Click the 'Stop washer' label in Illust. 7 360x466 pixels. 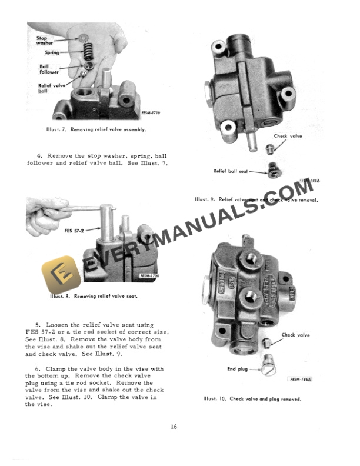tap(44, 40)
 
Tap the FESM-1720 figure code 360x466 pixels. tap(149, 275)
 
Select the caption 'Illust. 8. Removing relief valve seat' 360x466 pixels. tap(94, 296)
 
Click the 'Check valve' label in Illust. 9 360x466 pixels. tap(288, 137)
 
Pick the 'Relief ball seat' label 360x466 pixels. tap(231, 171)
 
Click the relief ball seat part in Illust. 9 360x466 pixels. tap(272, 171)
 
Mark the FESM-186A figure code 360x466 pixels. tap(300, 380)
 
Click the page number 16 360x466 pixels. tap(174, 427)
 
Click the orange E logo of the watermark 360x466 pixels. tap(57, 271)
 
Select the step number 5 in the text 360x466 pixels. tap(38, 324)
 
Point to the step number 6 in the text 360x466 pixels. tap(38, 369)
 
